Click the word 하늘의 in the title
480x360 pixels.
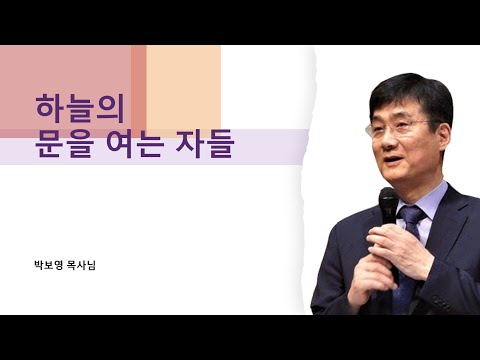[71, 107]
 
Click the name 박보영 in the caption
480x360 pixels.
[47, 265]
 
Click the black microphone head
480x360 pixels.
[388, 207]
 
